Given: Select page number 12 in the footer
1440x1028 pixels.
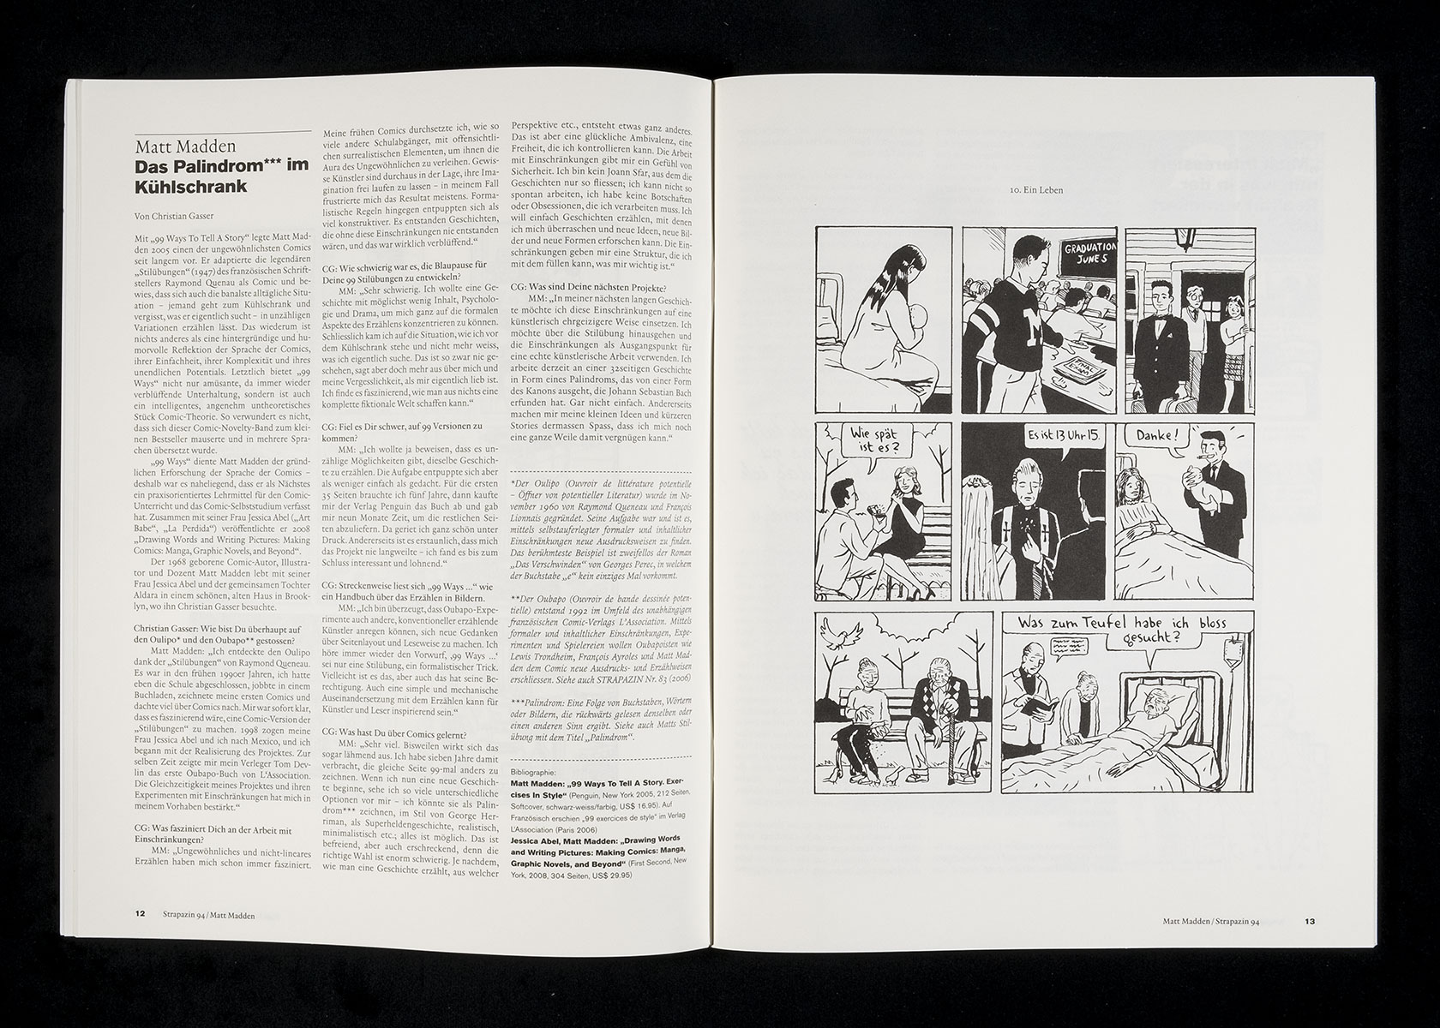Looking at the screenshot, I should pyautogui.click(x=141, y=912).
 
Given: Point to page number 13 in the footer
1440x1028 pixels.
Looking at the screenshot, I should pyautogui.click(x=1310, y=922).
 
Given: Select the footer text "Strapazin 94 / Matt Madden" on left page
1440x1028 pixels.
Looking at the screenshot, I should pyautogui.click(x=207, y=912).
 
